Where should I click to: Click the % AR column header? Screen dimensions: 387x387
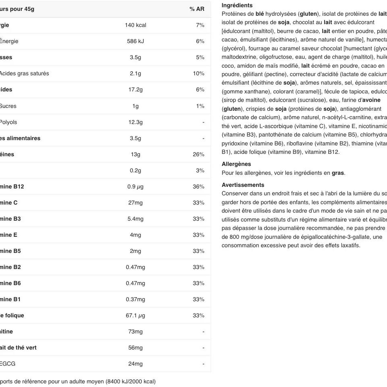click(x=197, y=9)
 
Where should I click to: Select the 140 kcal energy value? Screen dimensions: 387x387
click(x=135, y=25)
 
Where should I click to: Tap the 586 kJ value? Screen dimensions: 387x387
click(x=135, y=41)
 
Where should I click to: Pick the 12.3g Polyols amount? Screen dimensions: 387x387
click(x=135, y=122)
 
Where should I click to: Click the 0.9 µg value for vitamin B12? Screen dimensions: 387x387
click(x=135, y=186)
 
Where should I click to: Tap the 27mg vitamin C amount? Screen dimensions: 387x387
click(x=135, y=203)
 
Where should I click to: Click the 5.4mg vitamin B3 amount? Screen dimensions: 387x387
click(x=135, y=219)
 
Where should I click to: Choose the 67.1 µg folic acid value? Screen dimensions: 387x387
click(x=135, y=315)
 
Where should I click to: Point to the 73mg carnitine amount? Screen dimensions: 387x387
click(x=135, y=331)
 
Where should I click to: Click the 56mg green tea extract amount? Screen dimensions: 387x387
click(x=135, y=348)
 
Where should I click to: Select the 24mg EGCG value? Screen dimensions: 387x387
click(x=135, y=364)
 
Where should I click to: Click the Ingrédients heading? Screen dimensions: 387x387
click(x=237, y=5)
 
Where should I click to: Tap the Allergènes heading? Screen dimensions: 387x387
click(x=236, y=164)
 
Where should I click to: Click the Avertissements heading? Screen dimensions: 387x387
click(x=243, y=185)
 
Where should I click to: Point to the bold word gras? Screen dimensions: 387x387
click(x=338, y=173)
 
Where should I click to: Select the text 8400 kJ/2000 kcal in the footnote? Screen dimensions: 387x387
click(x=130, y=381)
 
